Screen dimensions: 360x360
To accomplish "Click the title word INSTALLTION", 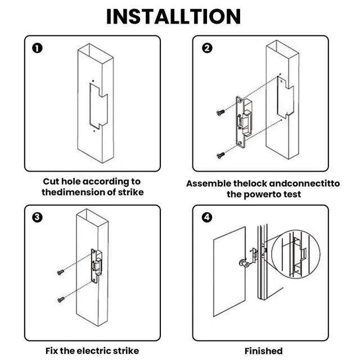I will [173, 16].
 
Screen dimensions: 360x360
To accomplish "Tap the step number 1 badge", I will [37, 48].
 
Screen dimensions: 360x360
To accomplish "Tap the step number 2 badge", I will [207, 48].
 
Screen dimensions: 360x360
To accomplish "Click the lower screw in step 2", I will [220, 153].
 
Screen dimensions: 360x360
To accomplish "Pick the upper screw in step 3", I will [60, 272].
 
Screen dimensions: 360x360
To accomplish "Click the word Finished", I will [263, 350].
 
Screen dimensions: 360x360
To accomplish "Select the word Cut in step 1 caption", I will [52, 181].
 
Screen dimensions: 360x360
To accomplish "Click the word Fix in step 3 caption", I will [53, 350].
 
